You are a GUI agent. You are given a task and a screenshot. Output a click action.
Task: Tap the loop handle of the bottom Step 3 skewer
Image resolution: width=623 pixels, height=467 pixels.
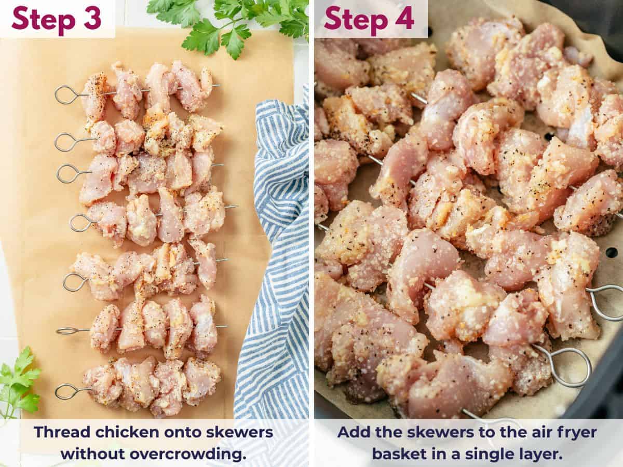tap(66, 391)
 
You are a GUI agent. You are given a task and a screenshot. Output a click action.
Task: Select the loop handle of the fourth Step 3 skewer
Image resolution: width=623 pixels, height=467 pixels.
tap(80, 223)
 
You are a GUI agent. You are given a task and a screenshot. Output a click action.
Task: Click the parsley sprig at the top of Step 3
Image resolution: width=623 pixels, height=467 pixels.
tap(234, 23)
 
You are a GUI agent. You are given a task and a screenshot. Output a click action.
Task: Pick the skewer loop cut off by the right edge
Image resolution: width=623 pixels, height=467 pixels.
tap(607, 301)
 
